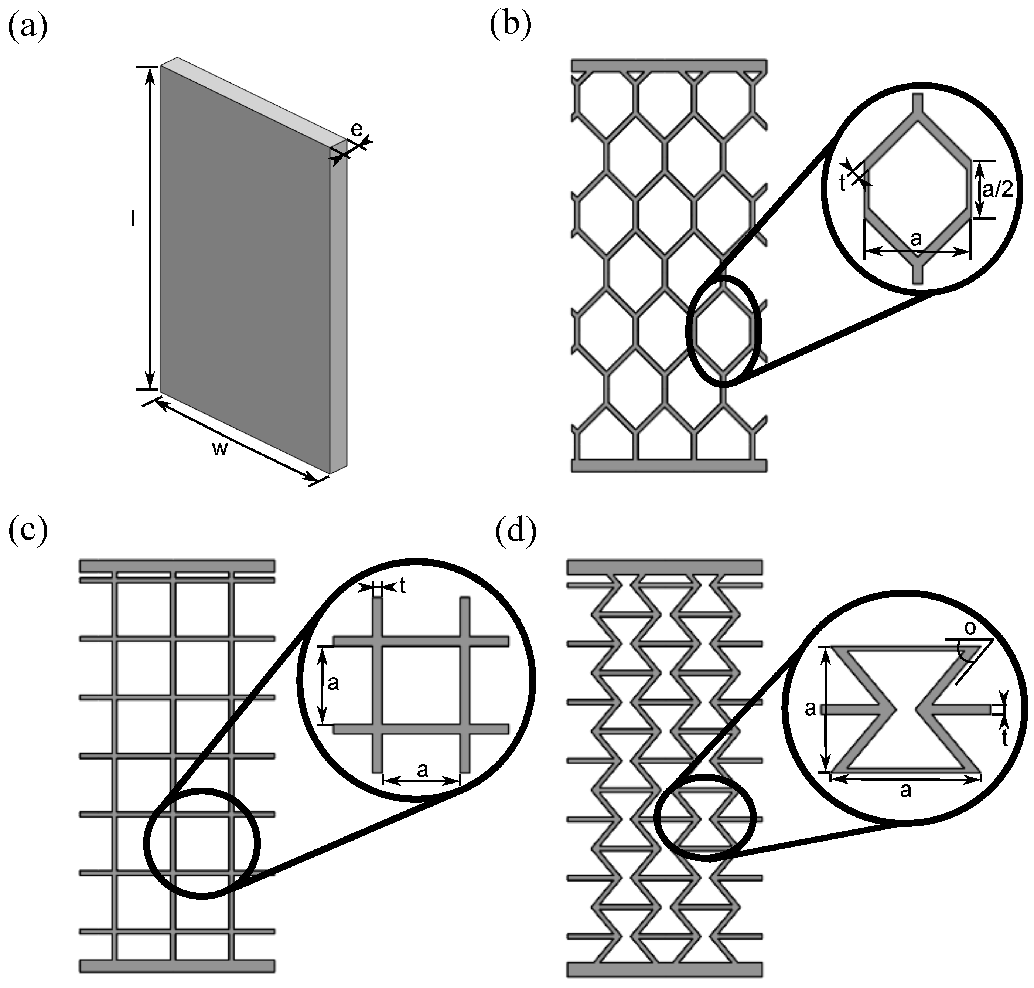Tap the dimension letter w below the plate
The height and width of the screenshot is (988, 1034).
click(219, 449)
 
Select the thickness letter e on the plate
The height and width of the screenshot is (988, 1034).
click(356, 129)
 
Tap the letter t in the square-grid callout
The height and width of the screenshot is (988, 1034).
click(403, 585)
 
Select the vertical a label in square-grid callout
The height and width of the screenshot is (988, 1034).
click(333, 683)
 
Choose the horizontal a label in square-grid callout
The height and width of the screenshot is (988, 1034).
click(422, 770)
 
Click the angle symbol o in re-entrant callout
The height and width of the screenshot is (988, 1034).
click(970, 629)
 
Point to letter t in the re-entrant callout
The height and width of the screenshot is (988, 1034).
click(1004, 739)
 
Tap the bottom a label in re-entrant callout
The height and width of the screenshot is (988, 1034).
click(905, 790)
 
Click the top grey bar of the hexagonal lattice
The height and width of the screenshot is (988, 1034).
click(669, 65)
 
